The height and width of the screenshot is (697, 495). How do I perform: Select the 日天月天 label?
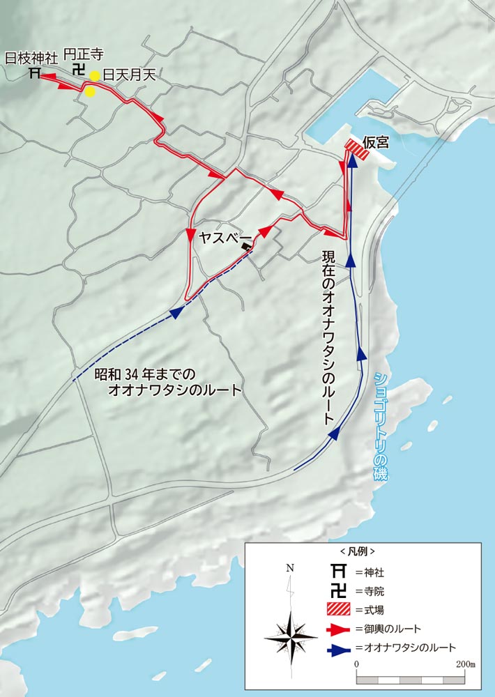pyautogui.click(x=128, y=75)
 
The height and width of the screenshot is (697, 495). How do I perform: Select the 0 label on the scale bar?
pyautogui.click(x=356, y=666)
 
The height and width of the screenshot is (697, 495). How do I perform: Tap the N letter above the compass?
pyautogui.click(x=290, y=568)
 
